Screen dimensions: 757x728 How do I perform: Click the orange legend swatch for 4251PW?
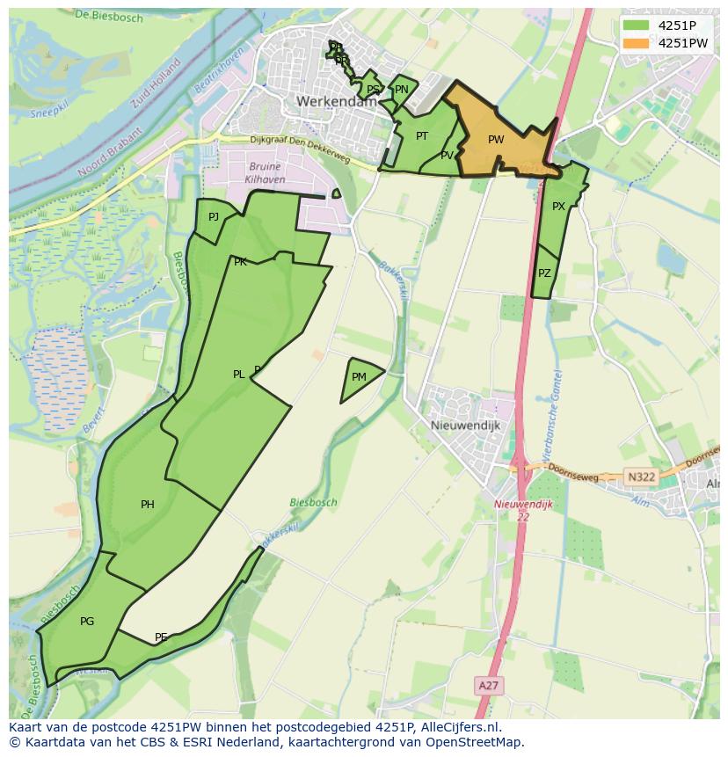pyautogui.click(x=637, y=42)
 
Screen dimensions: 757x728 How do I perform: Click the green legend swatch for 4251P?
pyautogui.click(x=637, y=25)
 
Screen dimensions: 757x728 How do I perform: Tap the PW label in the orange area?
pyautogui.click(x=496, y=140)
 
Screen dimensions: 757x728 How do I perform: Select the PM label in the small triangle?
pyautogui.click(x=359, y=377)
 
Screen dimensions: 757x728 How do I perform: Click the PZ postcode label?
pyautogui.click(x=544, y=273)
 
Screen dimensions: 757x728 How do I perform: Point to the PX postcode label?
pyautogui.click(x=558, y=207)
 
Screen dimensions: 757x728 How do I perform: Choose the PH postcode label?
pyautogui.click(x=148, y=505)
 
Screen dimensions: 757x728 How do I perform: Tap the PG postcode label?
pyautogui.click(x=87, y=622)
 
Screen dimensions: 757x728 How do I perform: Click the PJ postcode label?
pyautogui.click(x=214, y=216)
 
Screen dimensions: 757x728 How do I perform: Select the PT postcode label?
pyautogui.click(x=422, y=136)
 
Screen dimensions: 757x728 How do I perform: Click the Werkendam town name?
pyautogui.click(x=337, y=102)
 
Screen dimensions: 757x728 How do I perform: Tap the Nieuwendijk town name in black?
pyautogui.click(x=465, y=425)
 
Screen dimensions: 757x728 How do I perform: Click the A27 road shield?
pyautogui.click(x=489, y=684)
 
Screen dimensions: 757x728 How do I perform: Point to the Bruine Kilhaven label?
pyautogui.click(x=265, y=172)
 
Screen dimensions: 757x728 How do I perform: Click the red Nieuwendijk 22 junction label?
pyautogui.click(x=523, y=510)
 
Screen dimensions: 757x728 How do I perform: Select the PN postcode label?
pyautogui.click(x=402, y=90)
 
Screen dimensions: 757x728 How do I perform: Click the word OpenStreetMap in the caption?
pyautogui.click(x=476, y=742)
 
